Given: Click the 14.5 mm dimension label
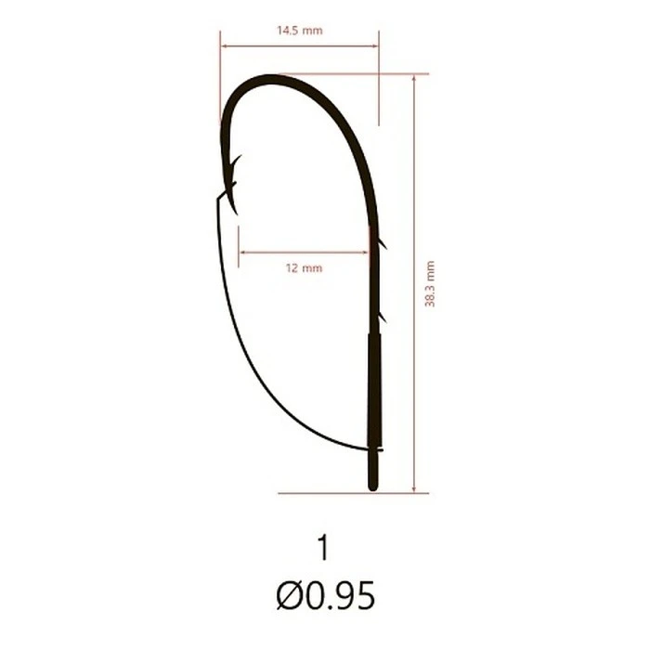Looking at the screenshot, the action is [x=299, y=31].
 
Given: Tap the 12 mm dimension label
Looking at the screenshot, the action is [x=304, y=267].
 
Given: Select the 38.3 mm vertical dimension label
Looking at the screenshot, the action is [x=430, y=284].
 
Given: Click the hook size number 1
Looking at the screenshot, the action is [x=323, y=547].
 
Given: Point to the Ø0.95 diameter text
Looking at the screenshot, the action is [x=325, y=595].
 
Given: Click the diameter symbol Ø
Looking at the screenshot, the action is [x=289, y=595].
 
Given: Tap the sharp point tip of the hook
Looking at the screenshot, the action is [x=237, y=214].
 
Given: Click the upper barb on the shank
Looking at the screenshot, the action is [x=382, y=243].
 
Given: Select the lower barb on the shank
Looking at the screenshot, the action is [x=382, y=318].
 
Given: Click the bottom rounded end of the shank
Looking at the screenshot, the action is [x=373, y=488].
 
